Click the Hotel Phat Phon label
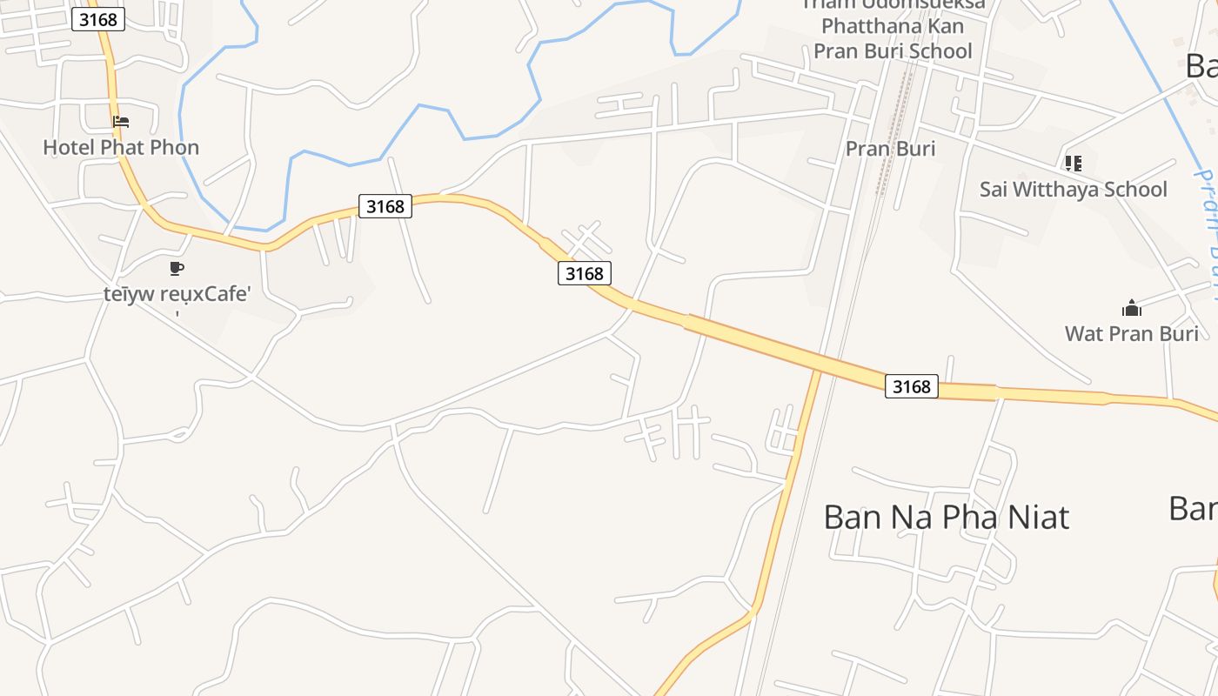(121, 147)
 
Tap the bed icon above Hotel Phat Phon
(121, 122)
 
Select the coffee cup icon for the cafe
(177, 268)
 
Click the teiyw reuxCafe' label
(177, 293)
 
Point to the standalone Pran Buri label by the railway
(890, 149)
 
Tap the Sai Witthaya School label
(1073, 189)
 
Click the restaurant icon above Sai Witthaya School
(1073, 163)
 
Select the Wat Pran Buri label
(1131, 333)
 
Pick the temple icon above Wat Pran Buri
(1131, 307)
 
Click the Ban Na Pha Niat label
(946, 517)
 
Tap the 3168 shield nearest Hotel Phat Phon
(97, 19)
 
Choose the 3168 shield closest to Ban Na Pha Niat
(911, 386)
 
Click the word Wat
(1084, 333)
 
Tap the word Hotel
(69, 147)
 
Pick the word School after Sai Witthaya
(1136, 189)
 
